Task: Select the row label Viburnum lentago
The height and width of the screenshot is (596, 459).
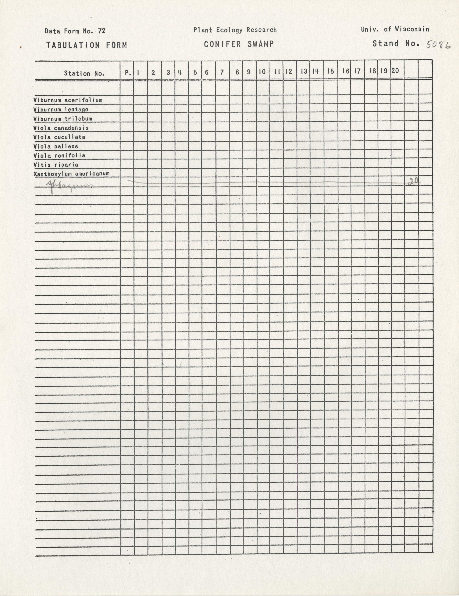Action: pos(61,109)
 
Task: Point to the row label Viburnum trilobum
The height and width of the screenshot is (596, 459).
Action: pos(63,119)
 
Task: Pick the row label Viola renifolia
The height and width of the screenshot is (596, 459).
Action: pos(59,156)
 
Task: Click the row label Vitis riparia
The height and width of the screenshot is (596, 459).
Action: pos(56,165)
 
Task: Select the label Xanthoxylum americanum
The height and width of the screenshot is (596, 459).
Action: pos(71,174)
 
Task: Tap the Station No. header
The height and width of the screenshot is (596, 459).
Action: pos(84,73)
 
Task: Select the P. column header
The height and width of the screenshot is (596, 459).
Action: pos(128,73)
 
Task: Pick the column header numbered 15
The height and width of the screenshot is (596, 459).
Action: pos(331,71)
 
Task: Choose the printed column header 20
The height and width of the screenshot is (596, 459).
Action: pos(395,71)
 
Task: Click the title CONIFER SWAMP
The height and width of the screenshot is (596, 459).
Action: pos(239,44)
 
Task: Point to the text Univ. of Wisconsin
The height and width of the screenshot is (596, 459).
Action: pos(395,29)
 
